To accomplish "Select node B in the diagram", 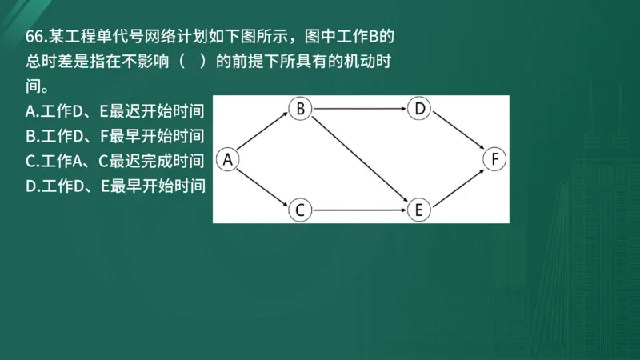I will point(299,109).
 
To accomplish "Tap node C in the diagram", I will point(299,210).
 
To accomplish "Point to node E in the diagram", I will point(419,210).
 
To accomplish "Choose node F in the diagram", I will point(496,159).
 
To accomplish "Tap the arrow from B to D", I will point(359,109).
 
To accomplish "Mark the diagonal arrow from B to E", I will point(359,159).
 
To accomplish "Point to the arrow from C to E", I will point(359,210).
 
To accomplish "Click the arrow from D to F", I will point(458,134).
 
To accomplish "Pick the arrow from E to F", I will point(458,185).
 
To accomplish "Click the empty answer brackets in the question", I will point(194,61).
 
